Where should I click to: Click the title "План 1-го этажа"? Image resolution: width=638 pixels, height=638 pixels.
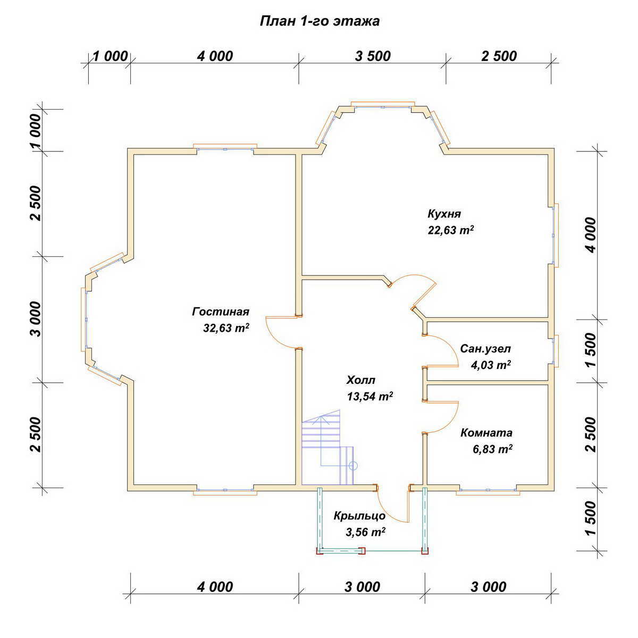click(320, 21)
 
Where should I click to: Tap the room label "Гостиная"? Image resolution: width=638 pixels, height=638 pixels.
click(221, 312)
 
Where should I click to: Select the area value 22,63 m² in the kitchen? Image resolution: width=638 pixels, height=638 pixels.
click(451, 230)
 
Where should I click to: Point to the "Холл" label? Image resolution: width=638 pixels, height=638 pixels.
click(360, 380)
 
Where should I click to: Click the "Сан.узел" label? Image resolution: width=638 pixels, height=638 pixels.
click(485, 349)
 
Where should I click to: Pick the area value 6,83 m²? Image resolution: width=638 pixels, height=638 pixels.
click(493, 449)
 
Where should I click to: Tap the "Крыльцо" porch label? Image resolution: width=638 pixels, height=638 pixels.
click(359, 516)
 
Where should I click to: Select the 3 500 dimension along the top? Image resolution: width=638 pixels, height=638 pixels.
click(373, 56)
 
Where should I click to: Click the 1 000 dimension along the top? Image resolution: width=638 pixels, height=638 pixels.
click(110, 56)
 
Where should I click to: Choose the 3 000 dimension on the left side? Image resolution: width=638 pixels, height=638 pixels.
click(37, 319)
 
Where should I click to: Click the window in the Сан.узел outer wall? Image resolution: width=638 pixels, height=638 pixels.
click(555, 351)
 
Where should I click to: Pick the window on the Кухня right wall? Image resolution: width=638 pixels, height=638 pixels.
click(555, 235)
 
